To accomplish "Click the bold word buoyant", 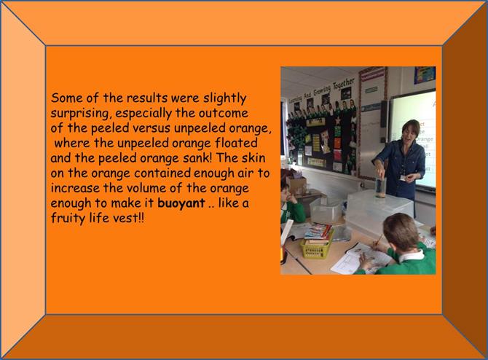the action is pyautogui.click(x=181, y=203).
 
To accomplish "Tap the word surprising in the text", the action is pyautogui.click(x=79, y=114).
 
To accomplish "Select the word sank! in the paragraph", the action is pyautogui.click(x=197, y=158).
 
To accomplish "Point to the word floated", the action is pyautogui.click(x=236, y=143).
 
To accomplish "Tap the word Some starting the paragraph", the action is pyautogui.click(x=67, y=98).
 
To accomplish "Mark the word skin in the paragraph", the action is pyautogui.click(x=253, y=158).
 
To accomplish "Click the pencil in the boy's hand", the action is pyautogui.click(x=378, y=240).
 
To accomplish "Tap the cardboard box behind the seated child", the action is pyautogui.click(x=297, y=185).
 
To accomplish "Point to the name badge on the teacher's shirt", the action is pyautogui.click(x=404, y=178).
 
